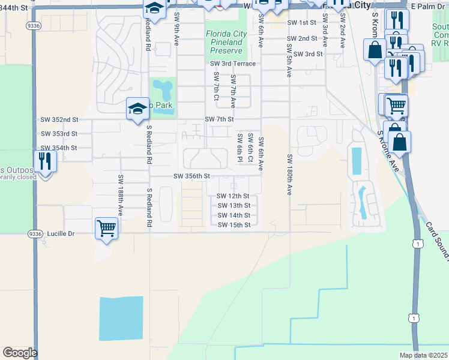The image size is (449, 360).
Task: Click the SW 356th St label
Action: tap(192, 176)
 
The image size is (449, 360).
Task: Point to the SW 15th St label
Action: tap(234, 225)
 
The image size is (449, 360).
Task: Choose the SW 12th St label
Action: tap(234, 196)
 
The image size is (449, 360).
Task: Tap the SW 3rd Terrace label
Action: tap(233, 64)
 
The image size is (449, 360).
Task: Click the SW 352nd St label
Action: tap(59, 119)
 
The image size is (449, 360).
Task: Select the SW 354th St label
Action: tap(59, 148)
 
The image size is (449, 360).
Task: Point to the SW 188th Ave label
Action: tap(120, 196)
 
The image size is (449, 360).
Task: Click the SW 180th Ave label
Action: tap(289, 175)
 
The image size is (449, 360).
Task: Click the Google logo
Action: tap(20, 353)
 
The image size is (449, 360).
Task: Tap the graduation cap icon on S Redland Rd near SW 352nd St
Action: tap(137, 109)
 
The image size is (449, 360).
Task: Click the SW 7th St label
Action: tap(218, 119)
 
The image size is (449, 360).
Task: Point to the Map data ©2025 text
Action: tap(423, 355)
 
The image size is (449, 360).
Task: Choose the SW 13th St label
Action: tap(234, 206)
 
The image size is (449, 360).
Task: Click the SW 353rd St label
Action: tap(59, 134)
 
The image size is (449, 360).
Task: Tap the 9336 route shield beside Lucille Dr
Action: tap(34, 233)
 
